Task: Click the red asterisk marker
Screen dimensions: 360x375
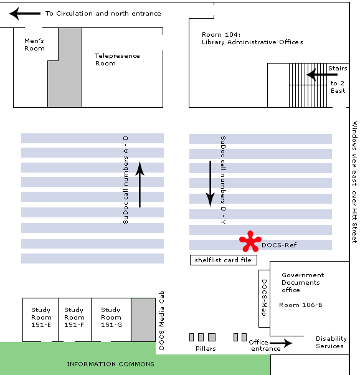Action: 250,242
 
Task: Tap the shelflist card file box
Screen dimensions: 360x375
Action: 224,260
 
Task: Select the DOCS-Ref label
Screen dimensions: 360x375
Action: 279,245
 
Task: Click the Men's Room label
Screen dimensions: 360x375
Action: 34,45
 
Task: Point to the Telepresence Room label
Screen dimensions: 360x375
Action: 117,60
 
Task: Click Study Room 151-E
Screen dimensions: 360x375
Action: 41,317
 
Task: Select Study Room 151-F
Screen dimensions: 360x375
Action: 74,317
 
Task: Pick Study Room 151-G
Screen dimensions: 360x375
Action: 111,317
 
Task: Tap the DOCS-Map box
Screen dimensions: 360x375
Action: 264,298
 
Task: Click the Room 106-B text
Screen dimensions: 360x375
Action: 301,305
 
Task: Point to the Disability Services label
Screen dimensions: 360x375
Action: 331,342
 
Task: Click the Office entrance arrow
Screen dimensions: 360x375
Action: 281,343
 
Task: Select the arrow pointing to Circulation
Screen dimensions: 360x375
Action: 25,14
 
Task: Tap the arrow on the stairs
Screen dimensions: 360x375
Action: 322,75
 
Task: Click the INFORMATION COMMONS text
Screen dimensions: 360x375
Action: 110,364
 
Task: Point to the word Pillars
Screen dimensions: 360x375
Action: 206,348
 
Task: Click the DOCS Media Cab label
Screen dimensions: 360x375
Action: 162,320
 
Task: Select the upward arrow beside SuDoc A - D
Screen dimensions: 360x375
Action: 140,184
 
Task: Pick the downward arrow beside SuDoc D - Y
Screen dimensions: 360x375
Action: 211,184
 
